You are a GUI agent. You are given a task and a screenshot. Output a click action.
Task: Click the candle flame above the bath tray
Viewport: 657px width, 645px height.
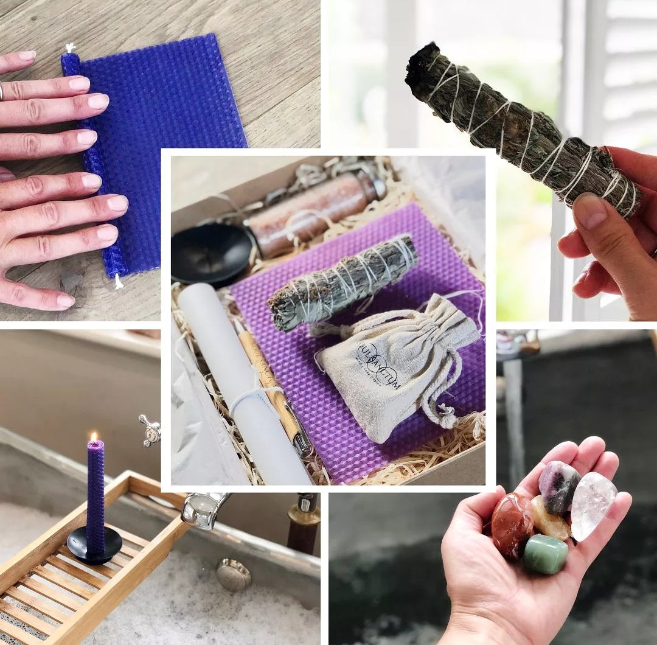pyautogui.click(x=94, y=436)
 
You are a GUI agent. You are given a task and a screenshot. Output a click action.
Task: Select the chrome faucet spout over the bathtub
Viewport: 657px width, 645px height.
pyautogui.click(x=204, y=509)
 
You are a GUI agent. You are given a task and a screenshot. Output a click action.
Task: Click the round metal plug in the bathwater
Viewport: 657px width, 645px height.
pyautogui.click(x=234, y=574)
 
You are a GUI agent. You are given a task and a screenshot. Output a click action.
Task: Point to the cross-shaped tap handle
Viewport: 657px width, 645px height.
pyautogui.click(x=150, y=430)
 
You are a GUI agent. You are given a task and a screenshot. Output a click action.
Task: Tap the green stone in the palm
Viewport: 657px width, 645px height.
pyautogui.click(x=546, y=553)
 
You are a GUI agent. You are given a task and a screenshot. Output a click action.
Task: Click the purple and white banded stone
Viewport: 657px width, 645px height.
pyautogui.click(x=558, y=486)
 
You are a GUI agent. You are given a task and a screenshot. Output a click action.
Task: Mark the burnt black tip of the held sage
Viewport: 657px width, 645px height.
pyautogui.click(x=425, y=64)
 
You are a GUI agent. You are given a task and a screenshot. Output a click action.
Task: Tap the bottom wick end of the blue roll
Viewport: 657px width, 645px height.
pyautogui.click(x=118, y=282)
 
